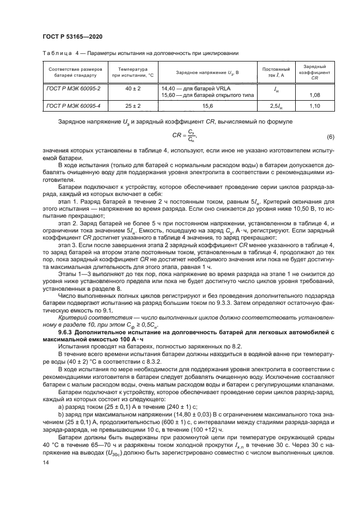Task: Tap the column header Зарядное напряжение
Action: pos(201,72)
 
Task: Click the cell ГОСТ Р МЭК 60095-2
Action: pos(69,87)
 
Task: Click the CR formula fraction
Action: pos(191,136)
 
